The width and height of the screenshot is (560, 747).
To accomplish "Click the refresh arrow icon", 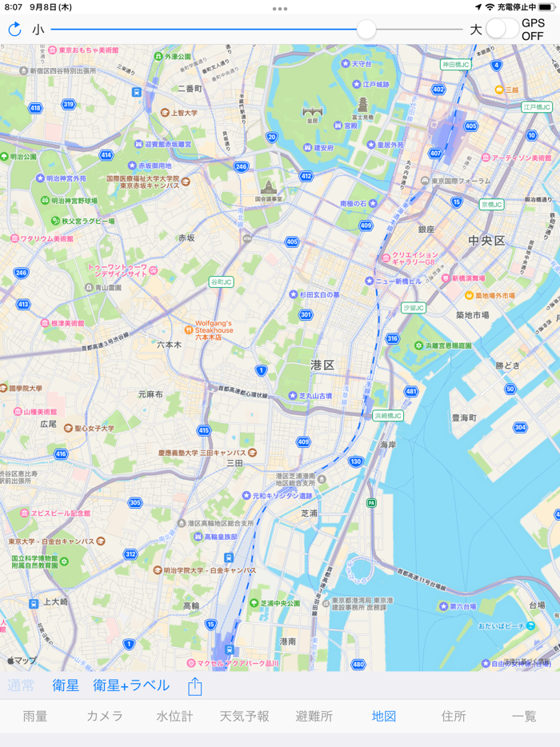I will (x=14, y=30).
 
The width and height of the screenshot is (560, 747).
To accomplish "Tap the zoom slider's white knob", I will (x=366, y=30).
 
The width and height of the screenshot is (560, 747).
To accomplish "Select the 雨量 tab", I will (x=35, y=716).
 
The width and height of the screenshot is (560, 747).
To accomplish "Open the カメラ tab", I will (x=105, y=716).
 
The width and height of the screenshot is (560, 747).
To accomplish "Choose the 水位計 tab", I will (x=174, y=716).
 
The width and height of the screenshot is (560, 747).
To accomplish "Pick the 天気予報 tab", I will (x=244, y=716).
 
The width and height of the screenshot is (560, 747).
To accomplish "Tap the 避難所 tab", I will (x=314, y=716).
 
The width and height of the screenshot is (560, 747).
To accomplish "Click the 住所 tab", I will (x=454, y=716).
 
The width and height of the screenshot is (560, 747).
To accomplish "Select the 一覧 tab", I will (x=524, y=716).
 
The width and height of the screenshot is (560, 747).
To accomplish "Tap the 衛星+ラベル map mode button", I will (x=131, y=685).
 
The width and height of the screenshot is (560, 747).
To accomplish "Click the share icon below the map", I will (x=195, y=685).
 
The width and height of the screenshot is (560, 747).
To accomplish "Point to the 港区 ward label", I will (x=322, y=365).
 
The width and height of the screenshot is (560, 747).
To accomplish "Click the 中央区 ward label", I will (x=486, y=241).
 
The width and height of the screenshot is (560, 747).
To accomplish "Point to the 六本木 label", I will (x=169, y=345).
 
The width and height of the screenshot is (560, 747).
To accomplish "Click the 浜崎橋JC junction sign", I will (x=388, y=416).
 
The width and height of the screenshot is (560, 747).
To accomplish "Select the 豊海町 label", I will (x=464, y=417).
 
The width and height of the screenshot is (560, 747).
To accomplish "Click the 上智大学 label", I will (x=184, y=113).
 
